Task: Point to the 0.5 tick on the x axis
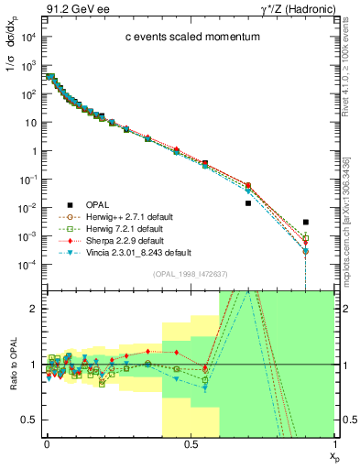point(190,444)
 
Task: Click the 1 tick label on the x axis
point(333,444)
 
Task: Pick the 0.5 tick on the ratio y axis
point(29,420)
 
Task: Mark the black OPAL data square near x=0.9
point(306,222)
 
